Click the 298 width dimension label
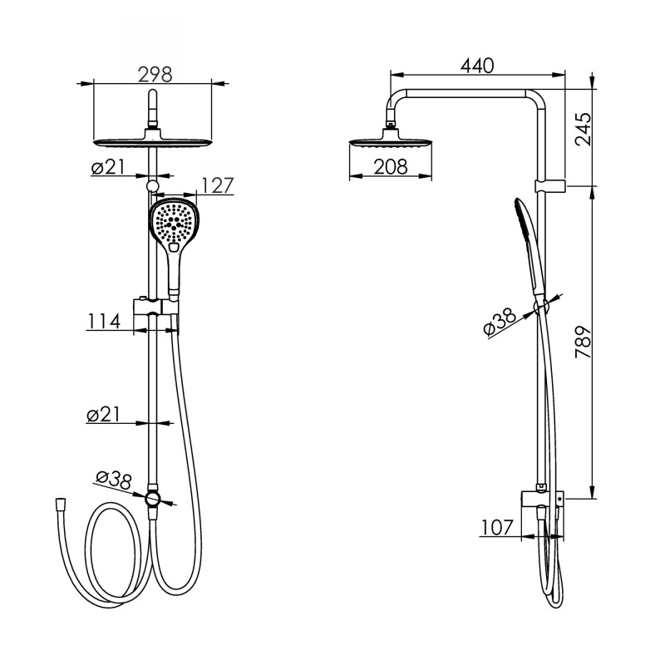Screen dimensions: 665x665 tap(155, 75)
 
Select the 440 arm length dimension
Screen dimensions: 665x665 tap(477, 66)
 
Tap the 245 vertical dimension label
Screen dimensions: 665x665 tap(583, 129)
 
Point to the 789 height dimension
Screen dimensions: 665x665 tap(583, 342)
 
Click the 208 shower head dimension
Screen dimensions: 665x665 tap(391, 167)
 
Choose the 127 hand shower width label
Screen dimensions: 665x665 tap(217, 185)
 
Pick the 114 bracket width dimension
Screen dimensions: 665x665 tap(104, 321)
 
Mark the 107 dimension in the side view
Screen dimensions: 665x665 tap(497, 528)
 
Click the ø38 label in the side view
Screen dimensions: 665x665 tap(500, 322)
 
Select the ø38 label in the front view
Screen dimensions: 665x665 tap(114, 480)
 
